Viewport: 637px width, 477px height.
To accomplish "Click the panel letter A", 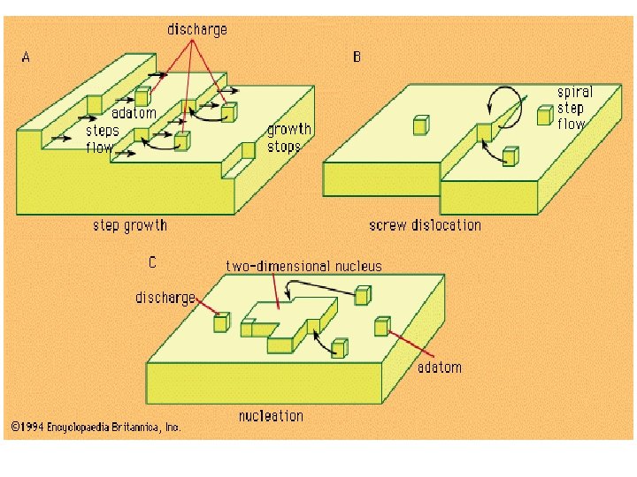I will coord(27,57).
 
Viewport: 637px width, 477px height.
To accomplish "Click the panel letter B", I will coord(357,57).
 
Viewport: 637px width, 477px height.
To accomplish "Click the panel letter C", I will coord(153,261).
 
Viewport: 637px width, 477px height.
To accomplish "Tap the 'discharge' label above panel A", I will coord(196,29).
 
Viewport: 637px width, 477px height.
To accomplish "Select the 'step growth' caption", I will coord(130,225).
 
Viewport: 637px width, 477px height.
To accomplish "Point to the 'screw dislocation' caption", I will coord(425,225).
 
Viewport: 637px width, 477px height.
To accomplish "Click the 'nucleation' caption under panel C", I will coord(271,415).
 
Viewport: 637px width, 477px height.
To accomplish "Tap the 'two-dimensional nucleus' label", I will coord(303,265).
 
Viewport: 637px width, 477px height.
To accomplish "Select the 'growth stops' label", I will coord(288,138).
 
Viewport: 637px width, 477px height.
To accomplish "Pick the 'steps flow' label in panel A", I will coord(103,139).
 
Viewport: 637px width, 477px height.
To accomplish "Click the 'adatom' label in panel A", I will coord(134,113).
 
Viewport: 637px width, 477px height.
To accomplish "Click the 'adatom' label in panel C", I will coord(440,367).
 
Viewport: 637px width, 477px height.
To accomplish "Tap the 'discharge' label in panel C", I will coord(165,298).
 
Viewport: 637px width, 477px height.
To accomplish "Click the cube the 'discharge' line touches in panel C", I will coord(221,322).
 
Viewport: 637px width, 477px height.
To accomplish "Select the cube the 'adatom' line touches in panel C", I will coord(382,326).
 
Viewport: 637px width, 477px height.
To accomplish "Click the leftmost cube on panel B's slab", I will coord(419,126).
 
